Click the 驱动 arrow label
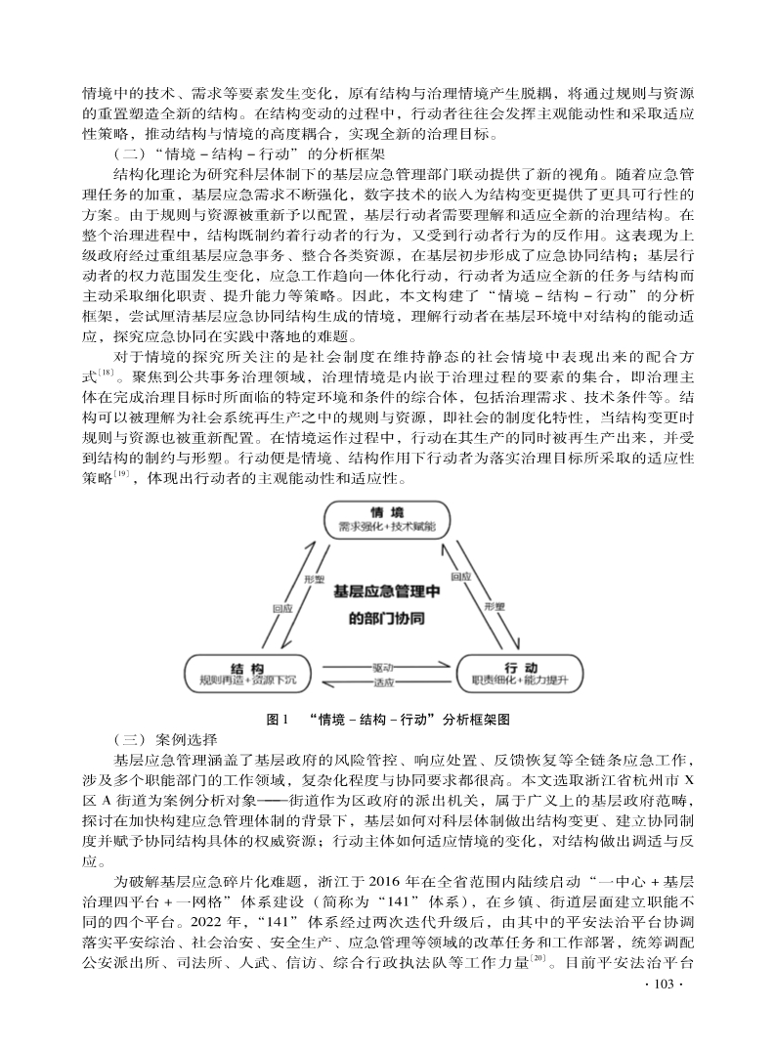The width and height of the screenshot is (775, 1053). click(384, 667)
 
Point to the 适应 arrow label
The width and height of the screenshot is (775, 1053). click(384, 680)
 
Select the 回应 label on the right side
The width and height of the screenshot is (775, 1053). click(460, 577)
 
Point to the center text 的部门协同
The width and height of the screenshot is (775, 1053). click(387, 619)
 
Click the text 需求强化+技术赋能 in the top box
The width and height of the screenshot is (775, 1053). click(387, 528)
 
